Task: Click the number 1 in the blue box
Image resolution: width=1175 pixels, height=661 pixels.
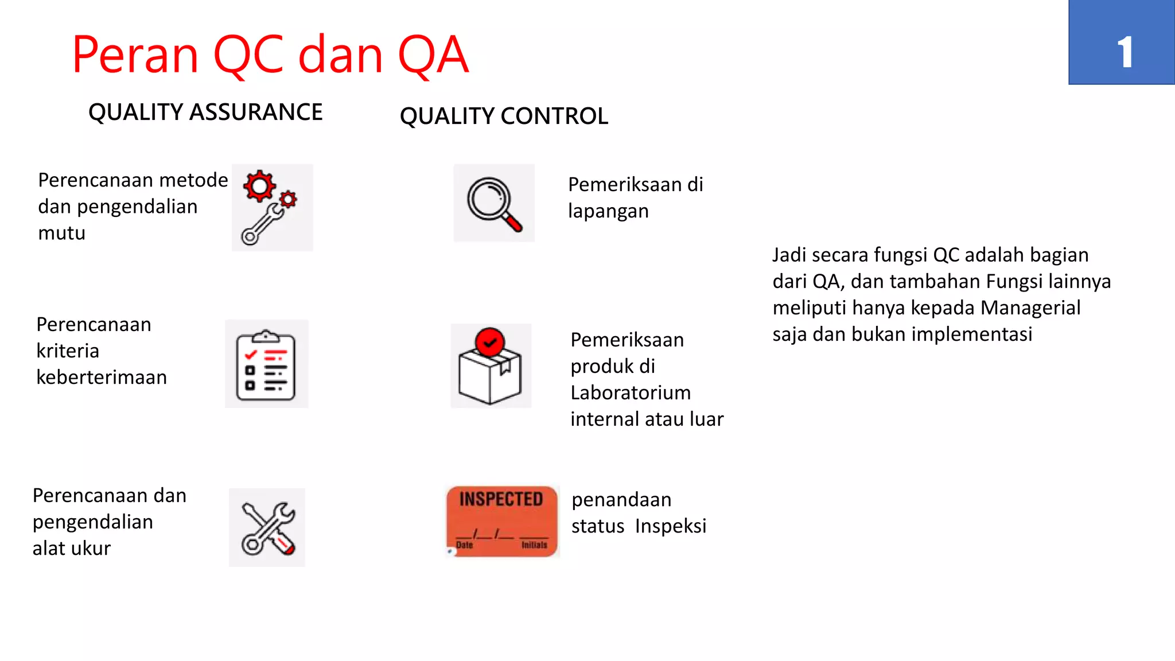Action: [1125, 52]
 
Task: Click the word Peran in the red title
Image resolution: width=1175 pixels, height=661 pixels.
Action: [135, 55]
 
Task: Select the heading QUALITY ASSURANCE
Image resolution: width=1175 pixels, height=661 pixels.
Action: [205, 112]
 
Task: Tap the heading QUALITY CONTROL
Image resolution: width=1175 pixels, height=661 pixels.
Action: [504, 116]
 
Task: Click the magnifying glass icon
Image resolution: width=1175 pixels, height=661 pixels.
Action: [494, 203]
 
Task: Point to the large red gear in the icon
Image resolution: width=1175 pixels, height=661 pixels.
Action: [259, 186]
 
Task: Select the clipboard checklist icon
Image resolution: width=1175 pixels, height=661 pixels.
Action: [266, 365]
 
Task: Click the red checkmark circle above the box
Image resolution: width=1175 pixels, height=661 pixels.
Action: [489, 343]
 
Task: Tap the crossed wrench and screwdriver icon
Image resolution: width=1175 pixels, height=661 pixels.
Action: [267, 528]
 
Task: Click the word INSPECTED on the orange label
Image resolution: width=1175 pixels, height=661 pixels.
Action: [501, 499]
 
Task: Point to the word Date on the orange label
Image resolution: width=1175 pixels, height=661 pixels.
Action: [464, 545]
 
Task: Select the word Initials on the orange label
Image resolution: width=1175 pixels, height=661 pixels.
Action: [534, 545]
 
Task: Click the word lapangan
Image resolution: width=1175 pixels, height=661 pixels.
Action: [608, 212]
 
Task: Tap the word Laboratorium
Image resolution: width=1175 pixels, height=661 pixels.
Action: [631, 392]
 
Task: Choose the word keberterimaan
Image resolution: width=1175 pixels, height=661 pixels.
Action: [102, 378]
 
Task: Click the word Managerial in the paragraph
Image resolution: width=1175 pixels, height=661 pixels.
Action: [1030, 308]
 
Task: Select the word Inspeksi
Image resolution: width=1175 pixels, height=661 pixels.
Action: [670, 526]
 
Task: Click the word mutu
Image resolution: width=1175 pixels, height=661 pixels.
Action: [61, 234]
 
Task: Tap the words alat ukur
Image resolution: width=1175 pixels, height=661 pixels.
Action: [71, 549]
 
